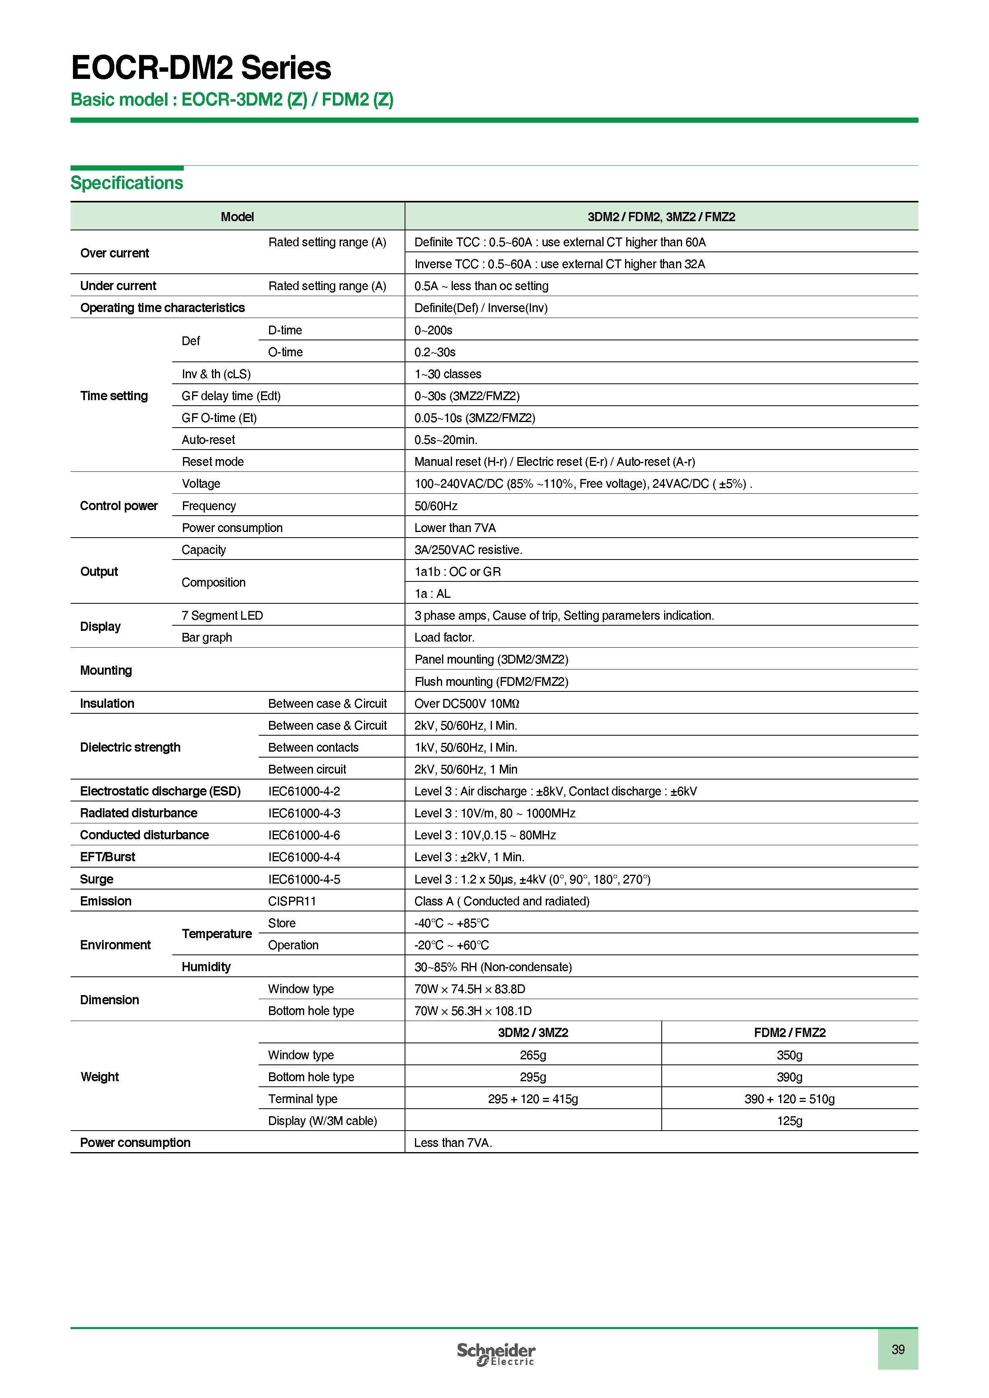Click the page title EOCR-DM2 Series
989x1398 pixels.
[201, 68]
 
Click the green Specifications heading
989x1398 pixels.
[127, 183]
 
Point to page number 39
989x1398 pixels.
[898, 1349]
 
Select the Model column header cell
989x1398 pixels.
[237, 217]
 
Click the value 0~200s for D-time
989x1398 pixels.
[433, 330]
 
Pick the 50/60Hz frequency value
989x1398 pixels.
[435, 506]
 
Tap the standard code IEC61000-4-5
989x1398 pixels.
[304, 879]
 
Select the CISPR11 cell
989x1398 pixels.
[292, 901]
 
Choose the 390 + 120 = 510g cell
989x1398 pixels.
[789, 1099]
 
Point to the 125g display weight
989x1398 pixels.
[789, 1121]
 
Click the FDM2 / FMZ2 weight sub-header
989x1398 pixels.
[789, 1033]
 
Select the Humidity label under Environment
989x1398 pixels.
[206, 967]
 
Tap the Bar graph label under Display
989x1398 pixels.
[206, 638]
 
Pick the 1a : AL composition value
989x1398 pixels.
[433, 594]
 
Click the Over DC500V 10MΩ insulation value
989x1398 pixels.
[466, 703]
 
